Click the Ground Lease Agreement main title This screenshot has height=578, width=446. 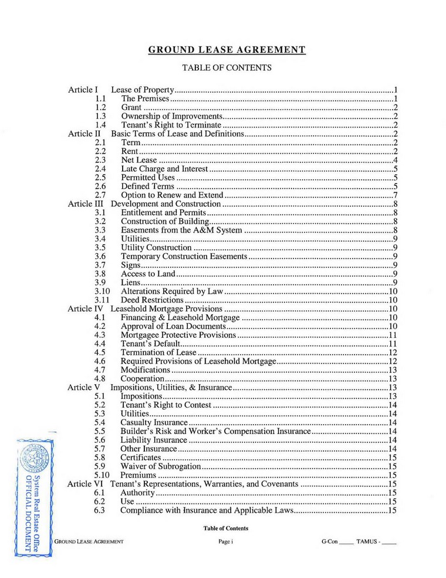(227, 50)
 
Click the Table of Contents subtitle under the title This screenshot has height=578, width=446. (227, 68)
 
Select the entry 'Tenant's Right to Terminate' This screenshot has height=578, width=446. (171, 125)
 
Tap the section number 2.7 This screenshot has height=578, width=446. (100, 195)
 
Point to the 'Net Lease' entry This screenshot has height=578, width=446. (138, 160)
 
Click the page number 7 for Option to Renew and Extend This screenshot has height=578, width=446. (396, 195)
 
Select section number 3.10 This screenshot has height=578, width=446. (102, 291)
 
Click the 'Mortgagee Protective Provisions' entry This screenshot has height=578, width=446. (178, 335)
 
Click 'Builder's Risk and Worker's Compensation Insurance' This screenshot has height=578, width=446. (215, 431)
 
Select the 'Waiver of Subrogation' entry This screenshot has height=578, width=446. (161, 466)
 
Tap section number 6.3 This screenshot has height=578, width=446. (100, 510)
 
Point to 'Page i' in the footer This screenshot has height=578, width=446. (226, 541)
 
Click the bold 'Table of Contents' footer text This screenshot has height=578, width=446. (226, 528)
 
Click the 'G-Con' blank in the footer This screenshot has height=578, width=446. (337, 541)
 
